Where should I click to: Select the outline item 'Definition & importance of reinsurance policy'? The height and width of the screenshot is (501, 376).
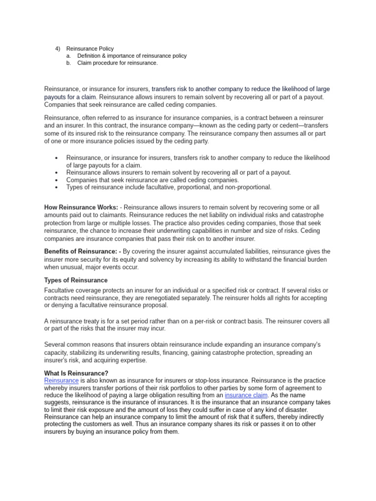point(132,56)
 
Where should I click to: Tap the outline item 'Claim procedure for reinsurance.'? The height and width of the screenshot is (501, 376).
point(117,63)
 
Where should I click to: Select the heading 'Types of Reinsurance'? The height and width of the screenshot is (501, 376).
point(76,280)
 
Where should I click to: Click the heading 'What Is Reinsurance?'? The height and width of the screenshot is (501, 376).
point(76,373)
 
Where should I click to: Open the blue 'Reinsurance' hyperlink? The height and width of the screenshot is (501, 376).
point(61,381)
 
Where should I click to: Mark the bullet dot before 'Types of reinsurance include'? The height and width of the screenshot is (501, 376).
point(57,187)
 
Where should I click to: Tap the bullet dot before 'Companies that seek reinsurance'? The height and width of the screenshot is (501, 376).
point(57,180)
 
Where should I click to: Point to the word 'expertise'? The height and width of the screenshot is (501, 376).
point(132,360)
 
